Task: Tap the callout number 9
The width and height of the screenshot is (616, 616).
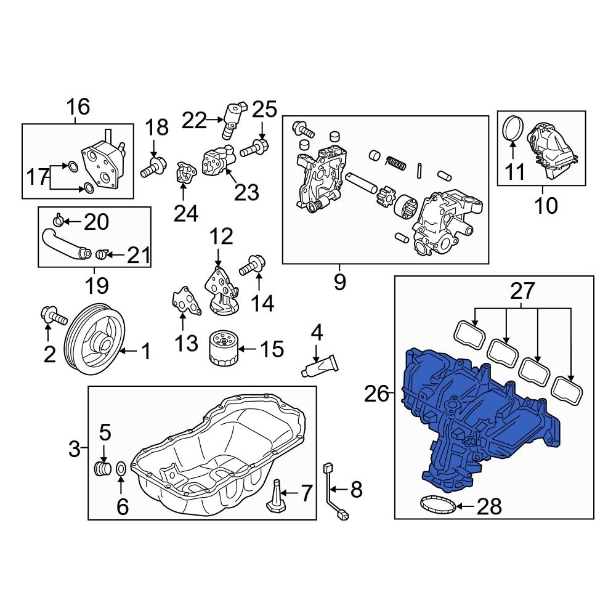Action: [x=339, y=282]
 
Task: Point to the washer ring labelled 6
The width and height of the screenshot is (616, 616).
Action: [x=121, y=470]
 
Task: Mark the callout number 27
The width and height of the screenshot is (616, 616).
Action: [x=522, y=290]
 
